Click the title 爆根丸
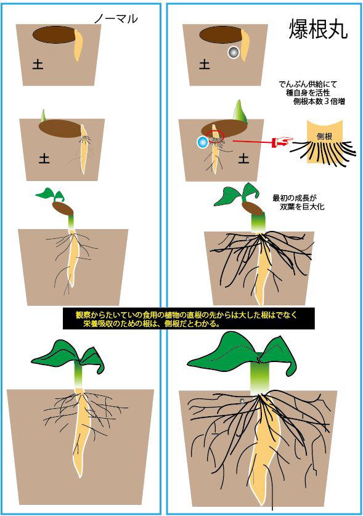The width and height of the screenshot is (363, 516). (318, 29)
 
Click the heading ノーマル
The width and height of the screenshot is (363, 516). (116, 19)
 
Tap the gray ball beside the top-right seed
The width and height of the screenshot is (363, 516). (234, 52)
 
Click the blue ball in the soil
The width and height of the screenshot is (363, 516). (202, 142)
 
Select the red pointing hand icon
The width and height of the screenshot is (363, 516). (283, 142)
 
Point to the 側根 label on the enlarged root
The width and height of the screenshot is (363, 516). (324, 136)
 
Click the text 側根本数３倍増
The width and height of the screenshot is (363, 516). (319, 102)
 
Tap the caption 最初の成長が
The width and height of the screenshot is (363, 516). (295, 198)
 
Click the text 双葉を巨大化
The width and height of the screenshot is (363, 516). (302, 207)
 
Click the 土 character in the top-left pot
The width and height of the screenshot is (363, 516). (38, 64)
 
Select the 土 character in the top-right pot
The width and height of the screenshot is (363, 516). (205, 64)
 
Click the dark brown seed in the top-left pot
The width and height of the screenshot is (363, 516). (54, 34)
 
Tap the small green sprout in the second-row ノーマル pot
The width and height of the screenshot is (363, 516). (43, 115)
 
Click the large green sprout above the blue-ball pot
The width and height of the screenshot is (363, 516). (240, 110)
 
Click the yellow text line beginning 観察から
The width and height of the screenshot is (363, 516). (186, 315)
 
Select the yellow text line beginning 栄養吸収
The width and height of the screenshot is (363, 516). (152, 323)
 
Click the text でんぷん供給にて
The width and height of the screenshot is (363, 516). (308, 84)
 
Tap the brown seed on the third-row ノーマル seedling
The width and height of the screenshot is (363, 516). (63, 208)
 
